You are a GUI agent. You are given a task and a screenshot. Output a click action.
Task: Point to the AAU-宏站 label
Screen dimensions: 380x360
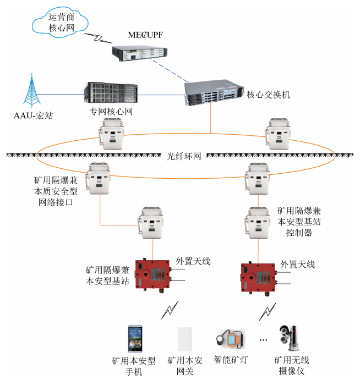pos(34,115)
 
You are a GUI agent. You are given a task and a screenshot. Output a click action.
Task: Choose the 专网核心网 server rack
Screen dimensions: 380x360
pos(110,93)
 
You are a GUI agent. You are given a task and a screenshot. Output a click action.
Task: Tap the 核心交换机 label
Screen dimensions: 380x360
pos(268,95)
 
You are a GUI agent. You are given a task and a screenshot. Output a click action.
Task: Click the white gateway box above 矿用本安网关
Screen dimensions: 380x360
pos(184,340)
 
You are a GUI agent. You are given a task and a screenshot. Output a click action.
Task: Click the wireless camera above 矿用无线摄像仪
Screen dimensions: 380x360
pos(290,338)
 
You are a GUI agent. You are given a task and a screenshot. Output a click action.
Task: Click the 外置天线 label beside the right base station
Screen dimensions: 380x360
pos(298,264)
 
